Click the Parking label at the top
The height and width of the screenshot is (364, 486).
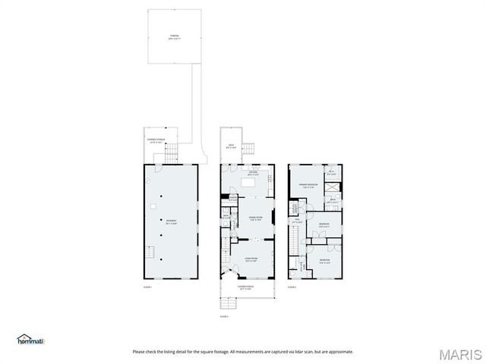coord(174,36)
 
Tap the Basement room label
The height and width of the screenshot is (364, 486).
coord(171,222)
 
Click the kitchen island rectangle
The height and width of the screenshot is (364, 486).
coord(249,183)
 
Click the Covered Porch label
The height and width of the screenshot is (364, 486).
coord(245,288)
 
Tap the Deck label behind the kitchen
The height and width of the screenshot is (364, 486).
coord(231,146)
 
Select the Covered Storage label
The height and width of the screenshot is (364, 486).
coord(157,140)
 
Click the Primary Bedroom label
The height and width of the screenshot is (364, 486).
coord(307,186)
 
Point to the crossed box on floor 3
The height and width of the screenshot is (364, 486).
coord(331,184)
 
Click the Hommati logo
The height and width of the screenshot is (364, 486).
coord(31,340)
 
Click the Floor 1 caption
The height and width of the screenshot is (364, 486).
coord(148,287)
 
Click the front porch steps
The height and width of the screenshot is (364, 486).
coord(226,303)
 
